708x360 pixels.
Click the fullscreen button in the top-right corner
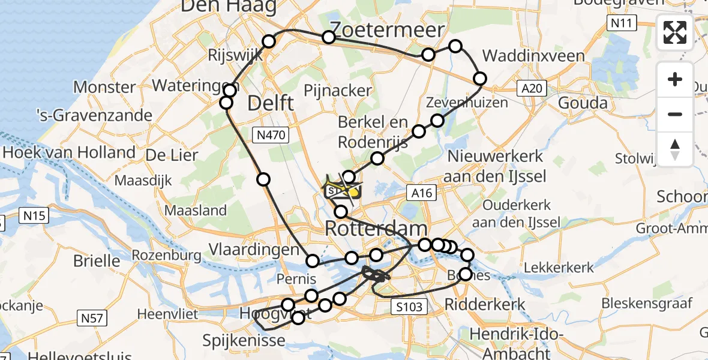[x=675, y=32]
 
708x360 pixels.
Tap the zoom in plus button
[x=675, y=79]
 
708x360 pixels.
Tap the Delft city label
[x=271, y=103]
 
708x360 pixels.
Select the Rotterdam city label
[x=376, y=229]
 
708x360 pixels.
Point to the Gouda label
[x=583, y=103]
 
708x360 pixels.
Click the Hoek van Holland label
[x=68, y=152]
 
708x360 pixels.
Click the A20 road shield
[x=532, y=89]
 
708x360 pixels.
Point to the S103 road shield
[x=411, y=307]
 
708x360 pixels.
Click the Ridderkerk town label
[x=484, y=304]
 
